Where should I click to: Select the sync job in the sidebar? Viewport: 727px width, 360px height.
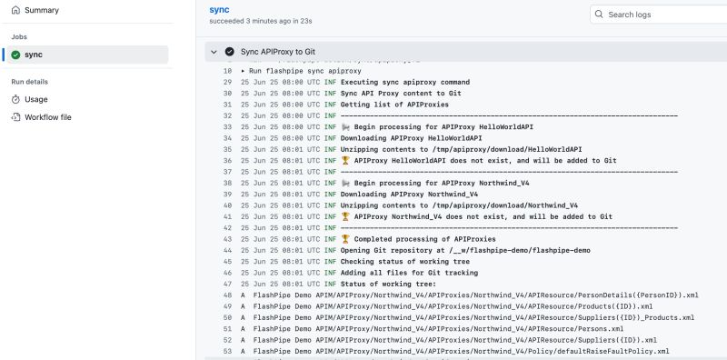tap(34, 55)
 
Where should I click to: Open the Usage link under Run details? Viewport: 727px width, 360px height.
tap(35, 99)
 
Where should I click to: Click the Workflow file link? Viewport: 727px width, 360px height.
tap(47, 117)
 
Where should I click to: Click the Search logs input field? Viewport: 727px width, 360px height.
tap(663, 15)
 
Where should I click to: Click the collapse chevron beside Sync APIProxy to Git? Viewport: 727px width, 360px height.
tap(212, 52)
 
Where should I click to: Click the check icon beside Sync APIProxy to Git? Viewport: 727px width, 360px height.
tap(229, 52)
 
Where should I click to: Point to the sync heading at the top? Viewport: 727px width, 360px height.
tap(219, 8)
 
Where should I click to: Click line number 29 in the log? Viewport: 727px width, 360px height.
tap(226, 82)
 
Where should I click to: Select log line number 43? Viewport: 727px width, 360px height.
tap(226, 239)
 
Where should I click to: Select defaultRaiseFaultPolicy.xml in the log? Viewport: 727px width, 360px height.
tap(619, 351)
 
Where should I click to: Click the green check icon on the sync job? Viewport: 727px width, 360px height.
tap(16, 55)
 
